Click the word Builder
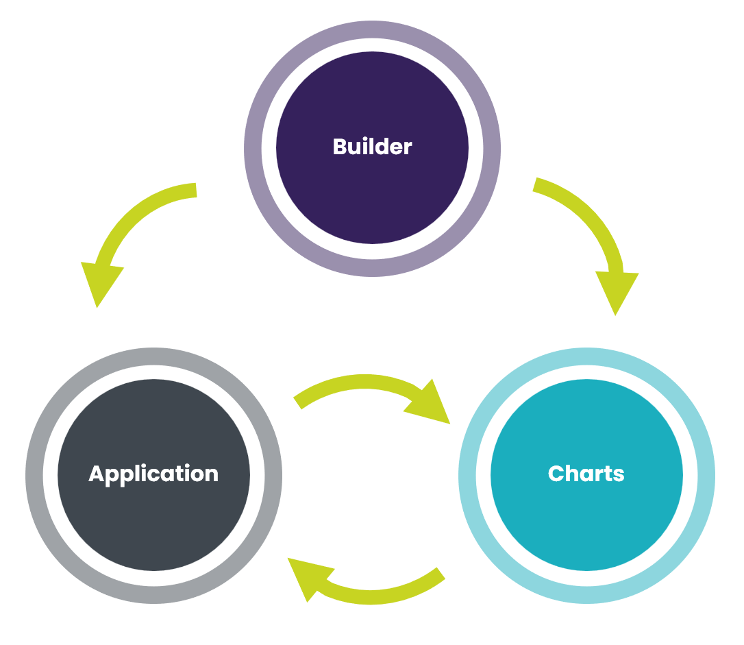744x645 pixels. tap(372, 147)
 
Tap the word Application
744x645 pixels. tap(153, 474)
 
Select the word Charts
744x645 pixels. tap(586, 474)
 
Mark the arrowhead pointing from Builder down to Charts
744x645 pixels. tap(617, 291)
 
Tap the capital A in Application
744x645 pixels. tap(96, 474)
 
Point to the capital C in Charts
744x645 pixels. tap(556, 474)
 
